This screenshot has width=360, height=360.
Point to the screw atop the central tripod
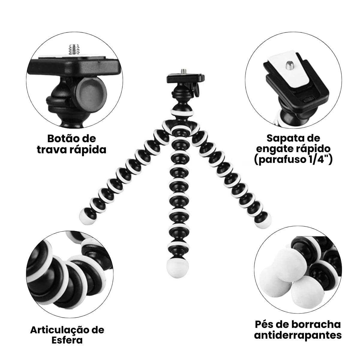184,72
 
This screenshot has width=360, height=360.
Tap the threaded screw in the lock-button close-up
74,49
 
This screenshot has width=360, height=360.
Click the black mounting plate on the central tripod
185,78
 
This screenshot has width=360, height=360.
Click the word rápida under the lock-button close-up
89,150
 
